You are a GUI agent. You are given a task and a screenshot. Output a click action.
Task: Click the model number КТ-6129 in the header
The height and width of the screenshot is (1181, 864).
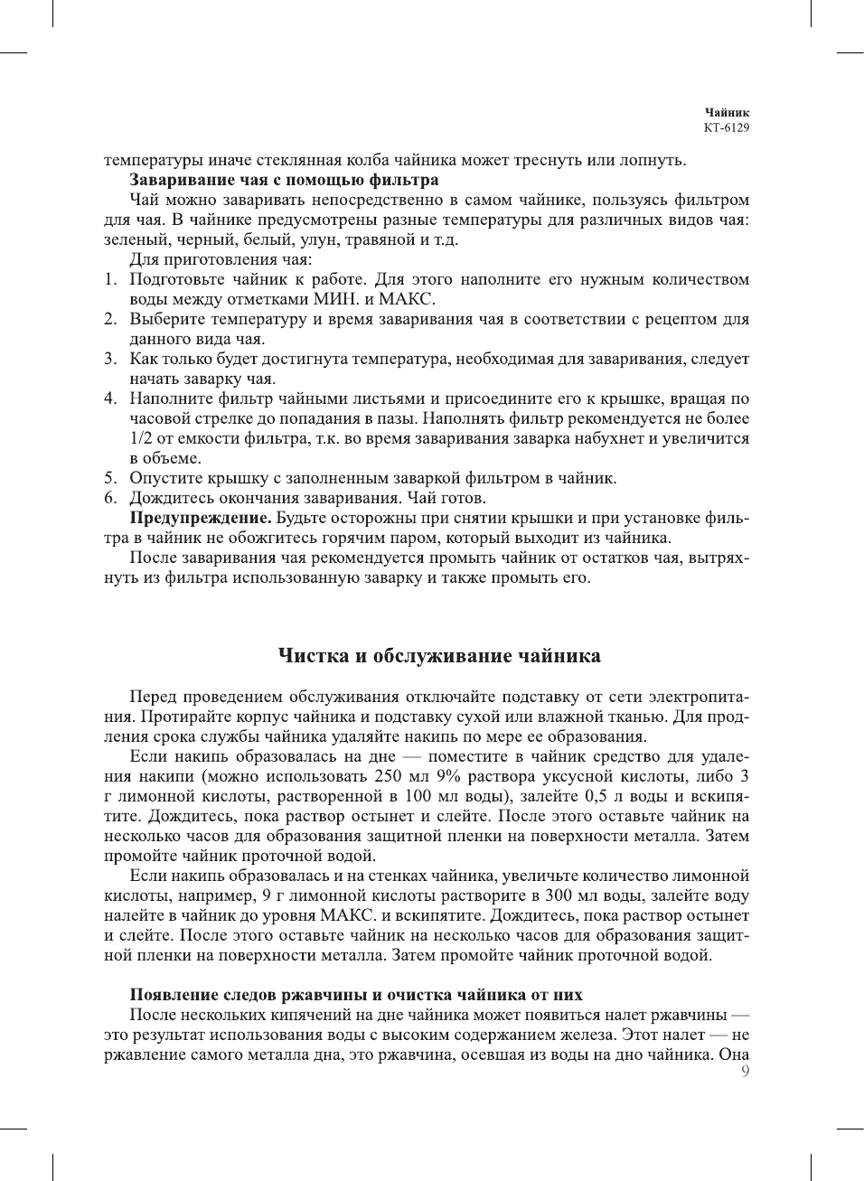point(727,127)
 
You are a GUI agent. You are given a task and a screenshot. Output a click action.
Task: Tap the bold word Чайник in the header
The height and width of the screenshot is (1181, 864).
point(728,113)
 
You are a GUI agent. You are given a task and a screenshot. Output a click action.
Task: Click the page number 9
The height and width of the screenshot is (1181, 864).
point(745,1072)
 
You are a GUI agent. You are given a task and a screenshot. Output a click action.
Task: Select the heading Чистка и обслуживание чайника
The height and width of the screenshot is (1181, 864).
point(438,656)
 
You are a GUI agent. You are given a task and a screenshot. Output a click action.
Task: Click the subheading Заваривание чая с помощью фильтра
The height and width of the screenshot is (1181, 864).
point(284,180)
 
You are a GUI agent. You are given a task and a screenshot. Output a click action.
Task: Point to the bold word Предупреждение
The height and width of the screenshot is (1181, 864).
point(201,518)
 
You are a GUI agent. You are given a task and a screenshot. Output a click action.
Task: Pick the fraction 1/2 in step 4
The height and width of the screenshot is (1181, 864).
point(140,438)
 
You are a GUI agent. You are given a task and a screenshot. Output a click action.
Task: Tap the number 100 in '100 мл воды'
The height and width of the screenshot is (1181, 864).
point(418,796)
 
